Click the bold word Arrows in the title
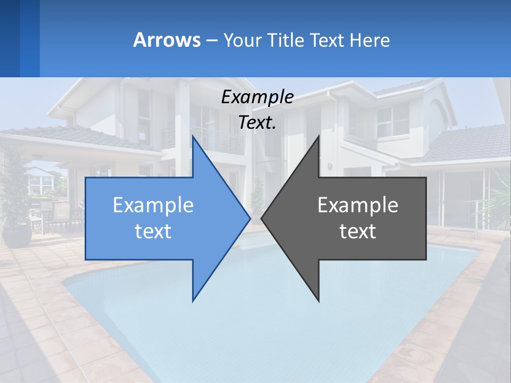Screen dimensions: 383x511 [x=167, y=40]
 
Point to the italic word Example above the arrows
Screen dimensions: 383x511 [x=257, y=97]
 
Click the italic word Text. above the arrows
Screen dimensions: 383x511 [x=257, y=123]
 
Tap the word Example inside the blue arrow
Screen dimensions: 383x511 [x=153, y=205]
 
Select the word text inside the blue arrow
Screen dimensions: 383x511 [x=153, y=231]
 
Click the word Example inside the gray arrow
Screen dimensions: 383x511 [x=358, y=205]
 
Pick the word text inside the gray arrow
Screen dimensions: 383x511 [x=358, y=231]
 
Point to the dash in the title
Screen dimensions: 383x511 [x=211, y=40]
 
